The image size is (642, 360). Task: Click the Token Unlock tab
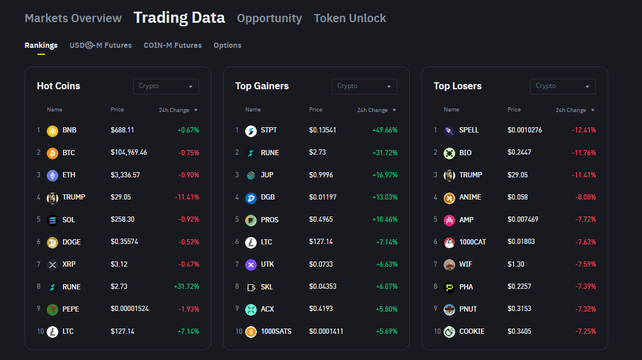point(350,18)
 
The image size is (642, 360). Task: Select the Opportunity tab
point(269,18)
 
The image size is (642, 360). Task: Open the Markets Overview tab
point(73,18)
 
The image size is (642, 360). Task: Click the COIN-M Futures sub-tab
point(172,45)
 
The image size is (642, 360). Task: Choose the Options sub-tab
point(227,45)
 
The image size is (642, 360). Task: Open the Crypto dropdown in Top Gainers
point(364,86)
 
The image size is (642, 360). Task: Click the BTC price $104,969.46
point(128,153)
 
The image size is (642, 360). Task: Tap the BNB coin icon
point(53,131)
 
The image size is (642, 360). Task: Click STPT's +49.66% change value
point(385,130)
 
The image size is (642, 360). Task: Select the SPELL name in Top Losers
point(469,130)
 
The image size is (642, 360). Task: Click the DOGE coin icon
point(53,242)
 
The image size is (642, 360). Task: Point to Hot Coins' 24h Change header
point(174,110)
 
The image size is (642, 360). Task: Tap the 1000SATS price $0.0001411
point(326,331)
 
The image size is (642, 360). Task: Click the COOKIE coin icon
point(449,331)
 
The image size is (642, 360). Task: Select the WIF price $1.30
point(515,264)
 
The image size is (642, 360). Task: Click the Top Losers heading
point(458,86)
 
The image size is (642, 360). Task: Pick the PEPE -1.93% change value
point(188,309)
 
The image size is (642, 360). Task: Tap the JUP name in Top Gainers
point(267,175)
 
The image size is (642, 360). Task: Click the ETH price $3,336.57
point(125,175)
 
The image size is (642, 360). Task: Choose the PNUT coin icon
point(449,309)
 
